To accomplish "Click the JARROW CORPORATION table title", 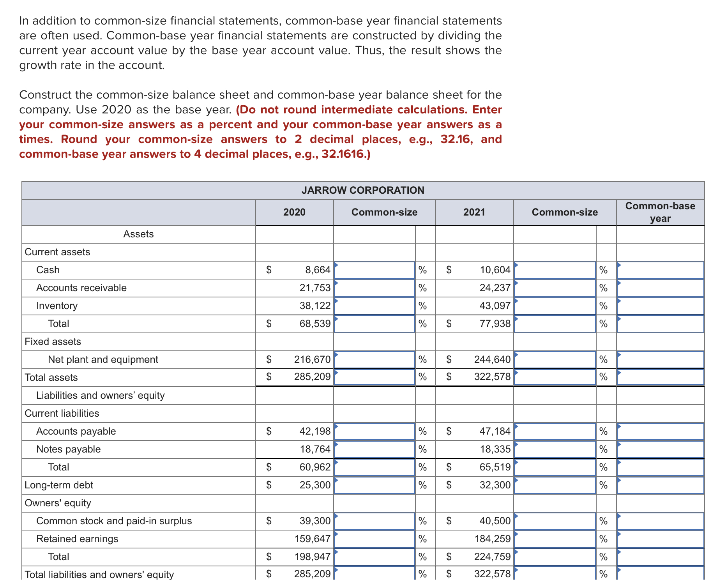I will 363,190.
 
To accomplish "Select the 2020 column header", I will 294,212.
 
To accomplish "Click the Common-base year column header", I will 660,212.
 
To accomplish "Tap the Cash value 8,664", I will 318,270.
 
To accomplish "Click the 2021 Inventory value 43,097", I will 495,306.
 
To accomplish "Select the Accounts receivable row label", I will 81,288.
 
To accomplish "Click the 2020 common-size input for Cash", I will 374,270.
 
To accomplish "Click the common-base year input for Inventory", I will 660,306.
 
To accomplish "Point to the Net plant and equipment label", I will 103,359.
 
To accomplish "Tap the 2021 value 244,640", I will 492,359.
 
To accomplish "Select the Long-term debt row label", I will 59,485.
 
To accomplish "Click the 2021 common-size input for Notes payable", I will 555,449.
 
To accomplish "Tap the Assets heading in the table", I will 138,234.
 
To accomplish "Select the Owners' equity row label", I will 58,503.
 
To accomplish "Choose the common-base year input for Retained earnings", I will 660,539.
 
